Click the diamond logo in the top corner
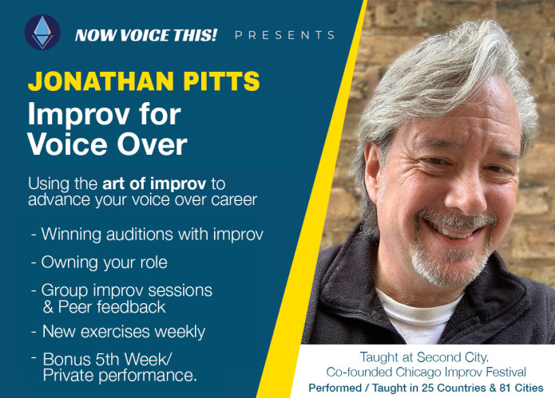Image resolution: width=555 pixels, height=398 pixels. tap(42, 33)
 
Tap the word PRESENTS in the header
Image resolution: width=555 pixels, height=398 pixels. tap(285, 35)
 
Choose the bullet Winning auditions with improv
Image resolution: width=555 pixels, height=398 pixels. tap(147, 234)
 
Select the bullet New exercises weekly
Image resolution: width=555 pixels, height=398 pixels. tap(117, 330)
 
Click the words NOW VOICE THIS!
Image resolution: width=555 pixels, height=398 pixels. tap(145, 35)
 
